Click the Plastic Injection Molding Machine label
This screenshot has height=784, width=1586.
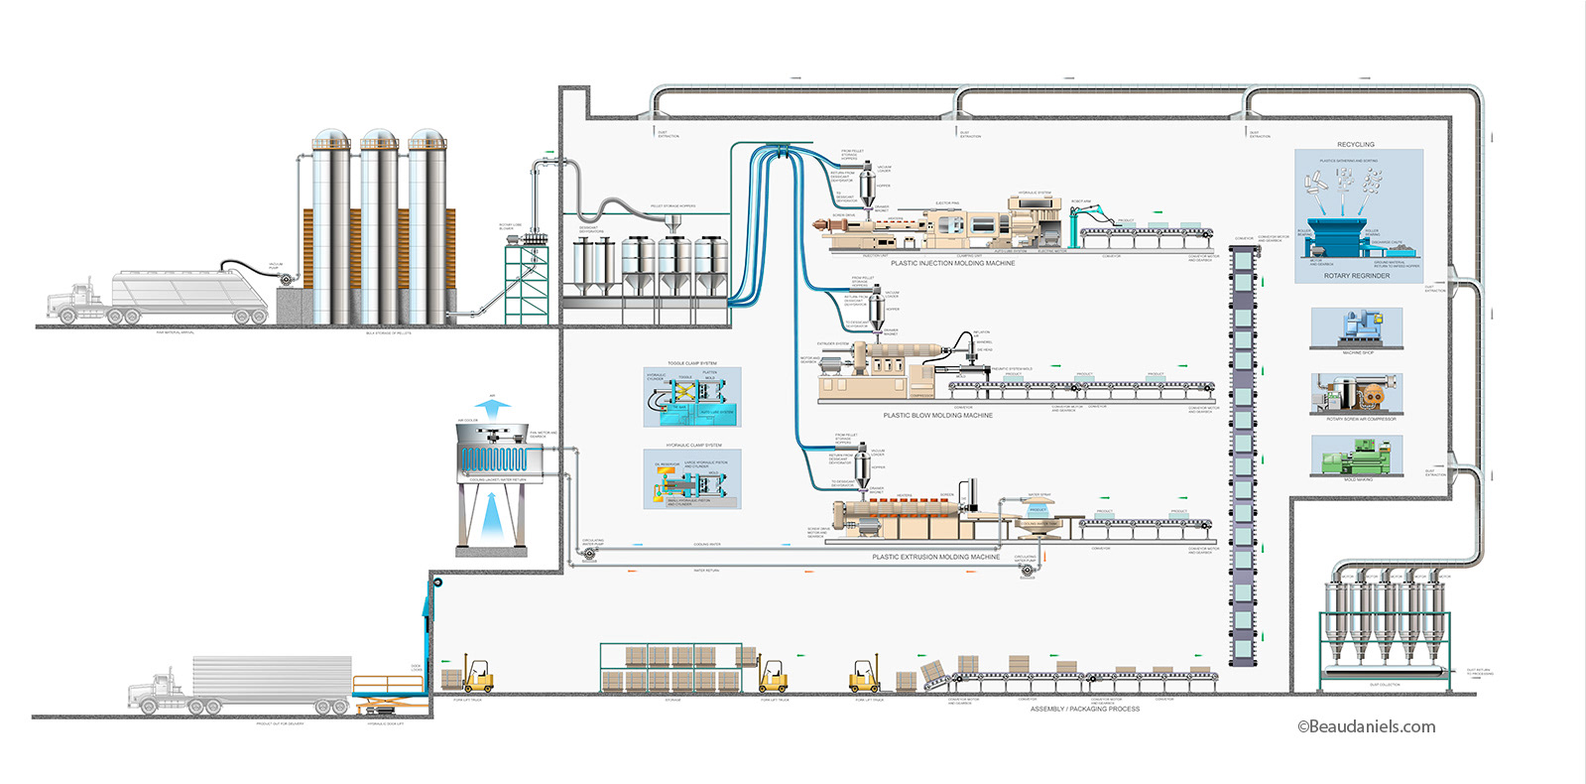[x=952, y=263]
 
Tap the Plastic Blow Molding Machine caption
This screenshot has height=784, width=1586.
[x=937, y=415]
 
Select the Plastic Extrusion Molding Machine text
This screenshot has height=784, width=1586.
[x=935, y=557]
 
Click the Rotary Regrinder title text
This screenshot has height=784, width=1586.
[x=1356, y=276]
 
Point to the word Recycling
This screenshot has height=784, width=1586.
[x=1355, y=145]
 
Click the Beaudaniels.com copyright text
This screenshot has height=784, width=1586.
[x=1366, y=726]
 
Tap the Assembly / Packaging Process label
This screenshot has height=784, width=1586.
[x=1084, y=709]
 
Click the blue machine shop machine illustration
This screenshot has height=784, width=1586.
[x=1356, y=327]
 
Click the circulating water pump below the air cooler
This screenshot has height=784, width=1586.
[x=589, y=553]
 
